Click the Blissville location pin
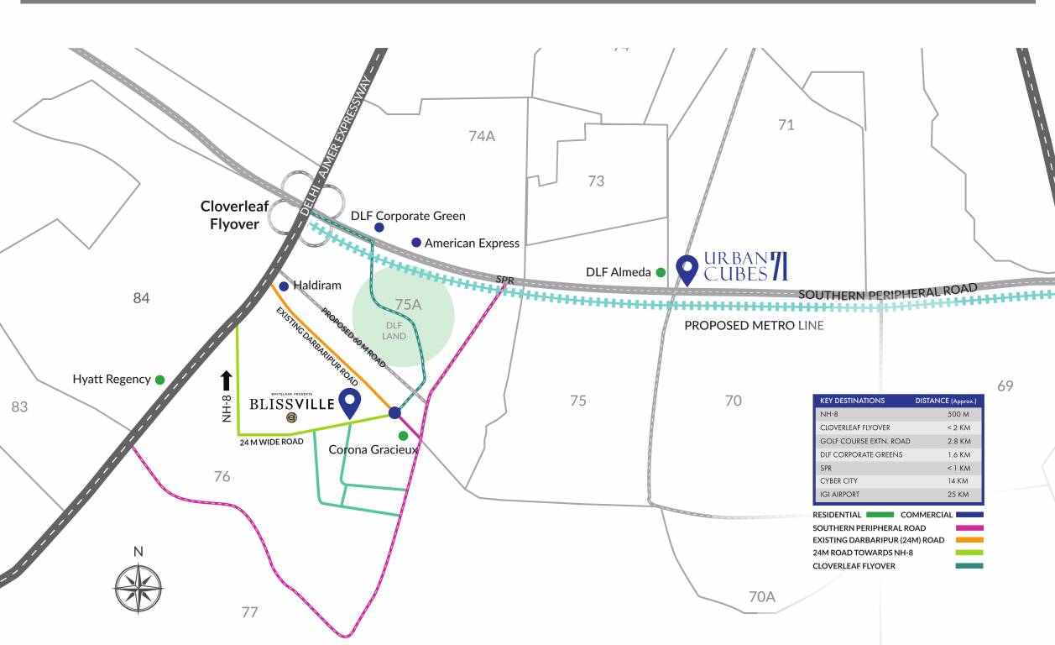click(x=348, y=401)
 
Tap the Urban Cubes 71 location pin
click(x=688, y=267)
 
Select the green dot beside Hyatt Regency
click(x=159, y=380)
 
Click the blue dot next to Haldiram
click(x=284, y=286)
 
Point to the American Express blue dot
click(x=415, y=243)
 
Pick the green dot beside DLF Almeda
click(x=661, y=272)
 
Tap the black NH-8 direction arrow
click(x=226, y=382)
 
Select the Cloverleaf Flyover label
click(x=230, y=214)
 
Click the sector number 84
click(x=141, y=298)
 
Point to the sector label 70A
click(x=761, y=597)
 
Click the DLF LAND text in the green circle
click(x=394, y=331)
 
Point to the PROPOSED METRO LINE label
click(x=755, y=325)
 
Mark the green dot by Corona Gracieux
click(x=403, y=435)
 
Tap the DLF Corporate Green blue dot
click(x=379, y=228)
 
